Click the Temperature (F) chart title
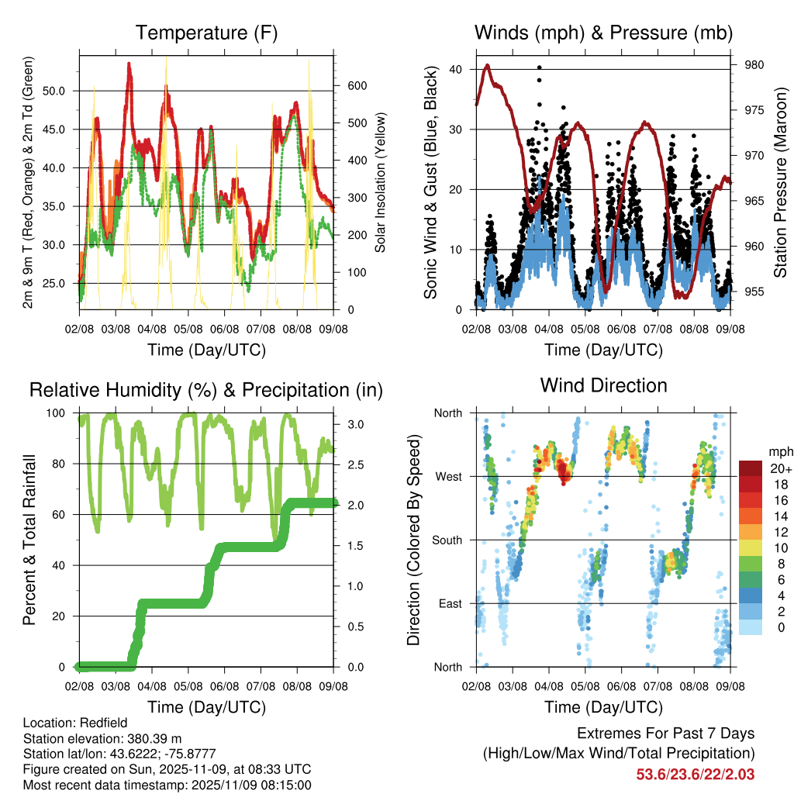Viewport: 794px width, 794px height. point(206,33)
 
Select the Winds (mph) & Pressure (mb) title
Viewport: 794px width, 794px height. point(603,33)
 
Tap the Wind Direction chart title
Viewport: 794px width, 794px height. point(603,385)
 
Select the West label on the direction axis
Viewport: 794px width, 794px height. point(448,476)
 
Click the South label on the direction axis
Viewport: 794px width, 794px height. point(447,540)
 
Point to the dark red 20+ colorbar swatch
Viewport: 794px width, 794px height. point(750,468)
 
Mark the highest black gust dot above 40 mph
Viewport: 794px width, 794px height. point(539,67)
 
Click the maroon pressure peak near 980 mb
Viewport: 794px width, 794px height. point(487,66)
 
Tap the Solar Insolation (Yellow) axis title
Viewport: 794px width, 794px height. point(381,182)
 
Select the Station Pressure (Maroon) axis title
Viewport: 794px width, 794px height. point(781,182)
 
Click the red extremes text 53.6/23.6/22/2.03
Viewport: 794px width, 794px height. point(695,774)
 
